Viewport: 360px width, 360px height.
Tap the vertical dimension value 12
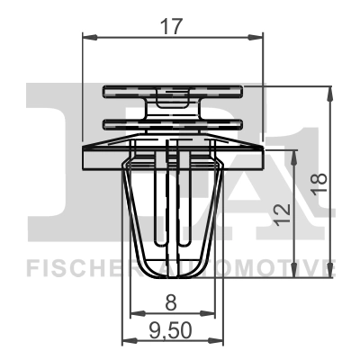pos(282,212)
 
